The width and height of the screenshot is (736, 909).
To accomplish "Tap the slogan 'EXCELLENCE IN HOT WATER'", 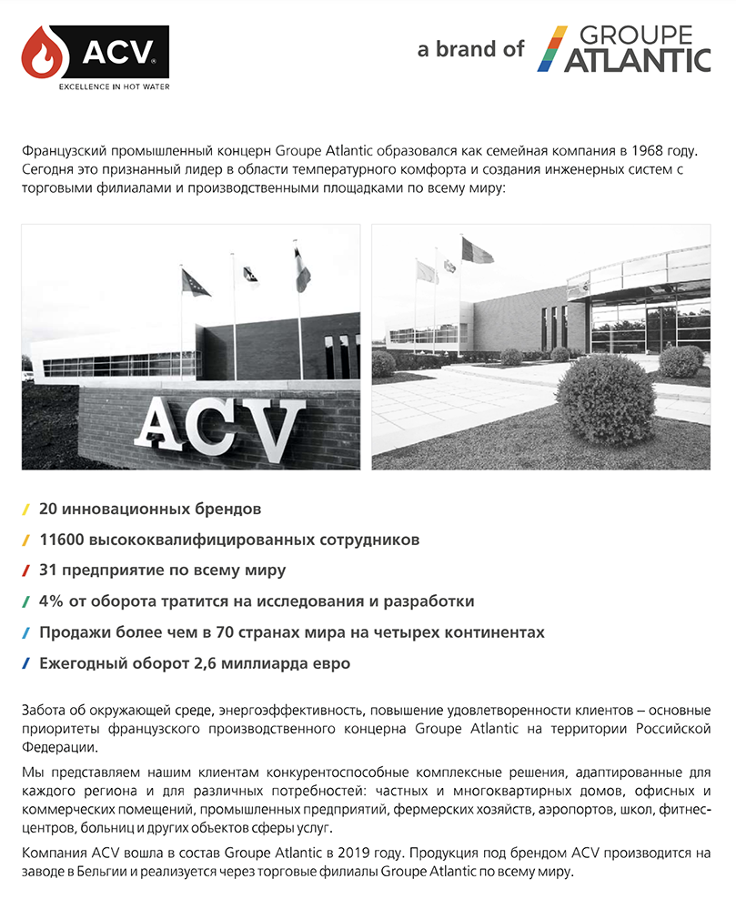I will pyautogui.click(x=114, y=87).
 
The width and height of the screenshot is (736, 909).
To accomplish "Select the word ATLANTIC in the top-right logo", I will pyautogui.click(x=636, y=61).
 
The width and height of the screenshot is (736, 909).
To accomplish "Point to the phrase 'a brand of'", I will pyautogui.click(x=470, y=49).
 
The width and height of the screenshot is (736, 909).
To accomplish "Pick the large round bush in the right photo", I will pyautogui.click(x=604, y=400).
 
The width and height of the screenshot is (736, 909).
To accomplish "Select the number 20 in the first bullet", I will pyautogui.click(x=49, y=508).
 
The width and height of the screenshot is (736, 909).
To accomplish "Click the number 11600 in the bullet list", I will pyautogui.click(x=62, y=540).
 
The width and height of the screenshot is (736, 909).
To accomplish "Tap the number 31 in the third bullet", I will pyautogui.click(x=48, y=571).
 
